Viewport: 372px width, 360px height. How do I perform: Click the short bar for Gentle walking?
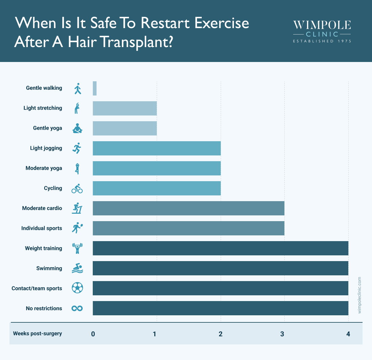point(95,88)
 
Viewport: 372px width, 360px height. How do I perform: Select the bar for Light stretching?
point(125,108)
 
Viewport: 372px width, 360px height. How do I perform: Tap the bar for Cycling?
point(156,188)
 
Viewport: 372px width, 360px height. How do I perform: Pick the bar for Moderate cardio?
point(188,208)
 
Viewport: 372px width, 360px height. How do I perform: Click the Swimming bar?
point(220,268)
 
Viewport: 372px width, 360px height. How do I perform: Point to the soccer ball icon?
point(77,288)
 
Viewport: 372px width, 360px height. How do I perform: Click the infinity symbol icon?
point(77,308)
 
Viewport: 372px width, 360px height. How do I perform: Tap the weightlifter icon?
point(77,248)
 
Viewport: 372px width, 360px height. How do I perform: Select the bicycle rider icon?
point(77,189)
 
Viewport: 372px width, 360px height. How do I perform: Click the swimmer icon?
point(77,268)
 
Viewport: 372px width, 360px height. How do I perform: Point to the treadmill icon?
point(77,208)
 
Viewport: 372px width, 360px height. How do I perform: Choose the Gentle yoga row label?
point(47,128)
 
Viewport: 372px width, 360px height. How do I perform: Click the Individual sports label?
point(42,228)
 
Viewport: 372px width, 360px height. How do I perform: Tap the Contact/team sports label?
point(37,289)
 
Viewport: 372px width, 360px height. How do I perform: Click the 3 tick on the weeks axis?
point(282,334)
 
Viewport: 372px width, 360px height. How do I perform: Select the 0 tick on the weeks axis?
point(93,334)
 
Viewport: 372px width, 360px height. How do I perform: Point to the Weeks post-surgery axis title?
point(38,334)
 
